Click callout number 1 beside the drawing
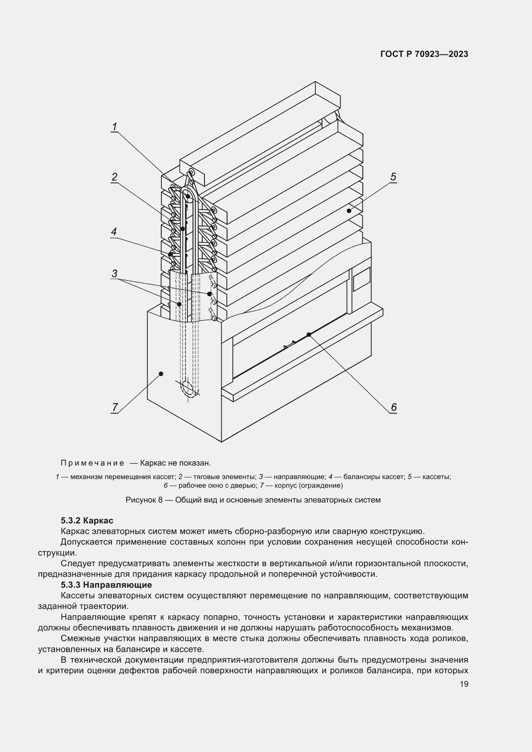point(114,126)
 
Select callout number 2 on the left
point(114,177)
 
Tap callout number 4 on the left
point(114,232)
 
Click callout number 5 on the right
point(393,177)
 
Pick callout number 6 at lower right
point(393,407)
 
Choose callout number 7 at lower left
point(115,407)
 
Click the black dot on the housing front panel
point(161,374)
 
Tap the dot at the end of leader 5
point(349,211)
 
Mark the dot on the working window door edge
point(308,334)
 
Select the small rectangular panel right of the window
point(362,279)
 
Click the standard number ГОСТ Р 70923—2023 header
point(424,54)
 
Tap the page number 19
point(464,684)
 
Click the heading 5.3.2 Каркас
point(87,521)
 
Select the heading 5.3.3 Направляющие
point(106,584)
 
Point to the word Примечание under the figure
point(92,463)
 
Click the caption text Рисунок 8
point(144,500)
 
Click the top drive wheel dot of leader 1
point(188,196)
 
